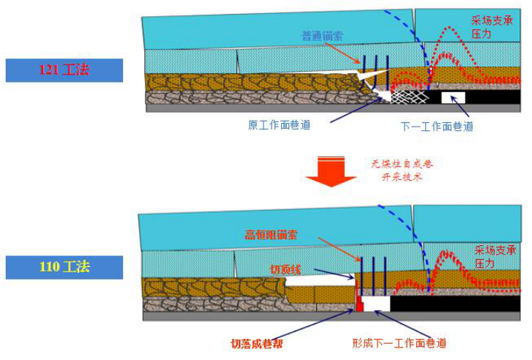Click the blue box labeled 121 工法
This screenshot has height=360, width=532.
[x=64, y=70]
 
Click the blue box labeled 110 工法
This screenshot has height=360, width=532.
[x=64, y=267]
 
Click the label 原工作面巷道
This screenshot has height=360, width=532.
[x=279, y=124]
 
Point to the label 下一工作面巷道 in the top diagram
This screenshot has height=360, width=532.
[x=437, y=126]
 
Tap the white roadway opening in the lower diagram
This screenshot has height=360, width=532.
[x=375, y=303]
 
